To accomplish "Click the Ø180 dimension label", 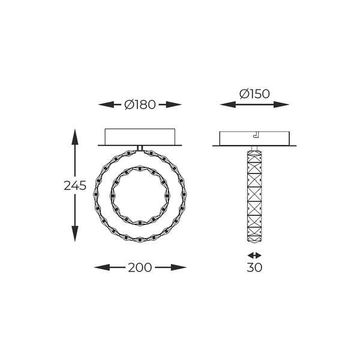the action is [140, 104].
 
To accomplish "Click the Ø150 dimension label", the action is [254, 94].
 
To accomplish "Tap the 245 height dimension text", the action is [75, 185].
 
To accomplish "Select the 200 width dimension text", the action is [140, 267].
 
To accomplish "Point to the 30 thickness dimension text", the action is [254, 267].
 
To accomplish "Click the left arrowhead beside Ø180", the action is [106, 104].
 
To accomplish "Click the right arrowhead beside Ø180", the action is [174, 104].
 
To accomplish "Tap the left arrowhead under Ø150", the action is [228, 104].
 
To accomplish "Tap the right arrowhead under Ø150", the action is [281, 104].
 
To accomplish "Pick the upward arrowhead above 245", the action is [75, 137].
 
